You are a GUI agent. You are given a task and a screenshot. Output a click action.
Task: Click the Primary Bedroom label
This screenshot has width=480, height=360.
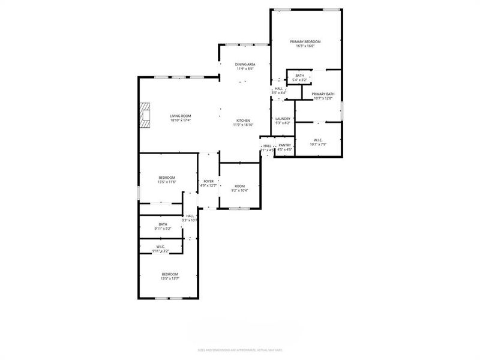(305, 41)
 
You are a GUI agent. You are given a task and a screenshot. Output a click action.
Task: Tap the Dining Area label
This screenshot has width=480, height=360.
(245, 64)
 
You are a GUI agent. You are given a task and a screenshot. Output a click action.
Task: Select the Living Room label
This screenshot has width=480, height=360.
(180, 116)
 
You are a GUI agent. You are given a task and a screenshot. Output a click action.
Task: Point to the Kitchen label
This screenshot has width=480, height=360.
(243, 120)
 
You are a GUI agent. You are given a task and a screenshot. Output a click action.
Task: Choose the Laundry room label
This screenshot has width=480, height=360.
(283, 119)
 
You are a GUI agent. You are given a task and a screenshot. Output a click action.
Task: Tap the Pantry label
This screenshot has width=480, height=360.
(285, 145)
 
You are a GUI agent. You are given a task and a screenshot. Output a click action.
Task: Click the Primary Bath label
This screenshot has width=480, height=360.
(323, 94)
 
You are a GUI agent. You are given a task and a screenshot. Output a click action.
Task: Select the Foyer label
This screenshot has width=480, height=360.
(209, 181)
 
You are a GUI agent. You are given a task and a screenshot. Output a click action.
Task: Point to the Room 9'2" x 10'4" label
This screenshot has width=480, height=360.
(240, 186)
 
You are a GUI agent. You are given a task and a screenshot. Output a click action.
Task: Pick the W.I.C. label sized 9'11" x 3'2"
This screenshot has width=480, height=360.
(160, 247)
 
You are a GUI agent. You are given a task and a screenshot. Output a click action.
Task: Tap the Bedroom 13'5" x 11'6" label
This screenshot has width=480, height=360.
(167, 177)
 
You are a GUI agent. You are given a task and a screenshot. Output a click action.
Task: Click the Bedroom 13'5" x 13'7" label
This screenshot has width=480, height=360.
(170, 274)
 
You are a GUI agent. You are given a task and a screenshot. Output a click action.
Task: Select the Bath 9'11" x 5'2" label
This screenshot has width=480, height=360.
(163, 224)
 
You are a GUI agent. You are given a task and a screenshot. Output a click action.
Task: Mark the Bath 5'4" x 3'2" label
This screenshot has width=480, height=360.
(299, 76)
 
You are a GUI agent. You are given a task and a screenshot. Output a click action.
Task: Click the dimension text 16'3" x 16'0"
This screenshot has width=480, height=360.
(305, 46)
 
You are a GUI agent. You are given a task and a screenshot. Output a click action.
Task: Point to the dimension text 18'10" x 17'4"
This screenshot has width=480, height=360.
(180, 121)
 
